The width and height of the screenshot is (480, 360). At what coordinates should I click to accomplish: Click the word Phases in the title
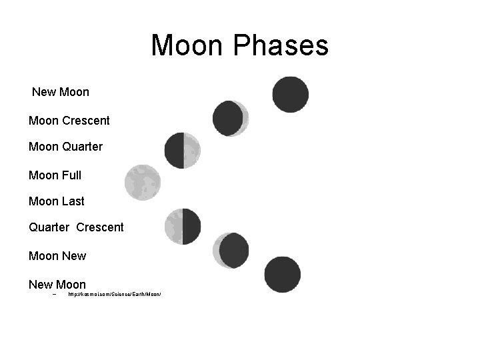[281, 46]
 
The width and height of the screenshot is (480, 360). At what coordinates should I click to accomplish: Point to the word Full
[71, 175]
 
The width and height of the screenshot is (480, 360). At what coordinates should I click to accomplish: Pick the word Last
[73, 201]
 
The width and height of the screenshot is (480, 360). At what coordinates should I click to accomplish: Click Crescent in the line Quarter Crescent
[100, 227]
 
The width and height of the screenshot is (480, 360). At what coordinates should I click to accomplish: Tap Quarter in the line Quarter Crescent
[49, 227]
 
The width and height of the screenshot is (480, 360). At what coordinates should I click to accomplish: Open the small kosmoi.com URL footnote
[115, 294]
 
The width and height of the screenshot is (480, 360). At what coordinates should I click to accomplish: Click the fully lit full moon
[143, 182]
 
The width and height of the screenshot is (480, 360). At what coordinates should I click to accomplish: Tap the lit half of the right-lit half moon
[192, 151]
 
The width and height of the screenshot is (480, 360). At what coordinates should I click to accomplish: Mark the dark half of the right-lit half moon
[174, 151]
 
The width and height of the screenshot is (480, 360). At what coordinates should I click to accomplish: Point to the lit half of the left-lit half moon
[173, 227]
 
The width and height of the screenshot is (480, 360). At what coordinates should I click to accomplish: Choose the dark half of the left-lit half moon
[192, 227]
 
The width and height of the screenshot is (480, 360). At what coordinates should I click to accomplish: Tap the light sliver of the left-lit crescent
[217, 251]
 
